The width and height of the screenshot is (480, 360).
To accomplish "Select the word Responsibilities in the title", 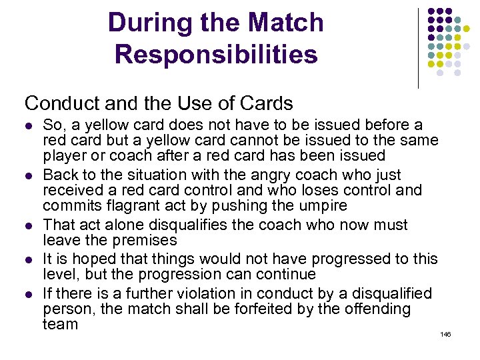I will click(x=216, y=55).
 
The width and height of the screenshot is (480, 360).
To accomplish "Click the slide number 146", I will click(x=445, y=333).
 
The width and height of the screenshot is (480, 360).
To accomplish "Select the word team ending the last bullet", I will click(x=60, y=325).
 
